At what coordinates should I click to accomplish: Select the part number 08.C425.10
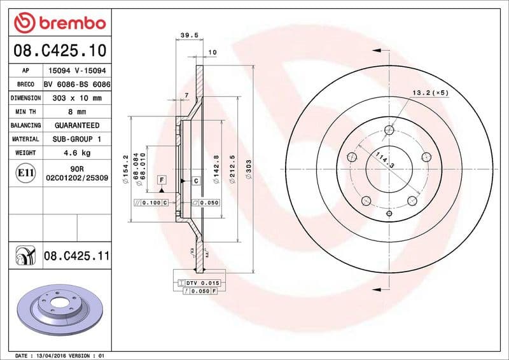(59, 50)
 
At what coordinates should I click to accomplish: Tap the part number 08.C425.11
(77, 256)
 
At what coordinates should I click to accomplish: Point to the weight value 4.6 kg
(77, 153)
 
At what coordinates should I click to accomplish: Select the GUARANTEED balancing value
(77, 125)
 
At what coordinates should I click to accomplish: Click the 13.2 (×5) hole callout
(430, 93)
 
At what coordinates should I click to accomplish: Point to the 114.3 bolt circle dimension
(384, 160)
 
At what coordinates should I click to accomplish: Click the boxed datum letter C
(196, 181)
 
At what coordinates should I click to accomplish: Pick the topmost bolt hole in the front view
(389, 131)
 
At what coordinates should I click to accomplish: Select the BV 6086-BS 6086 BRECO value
(77, 85)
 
